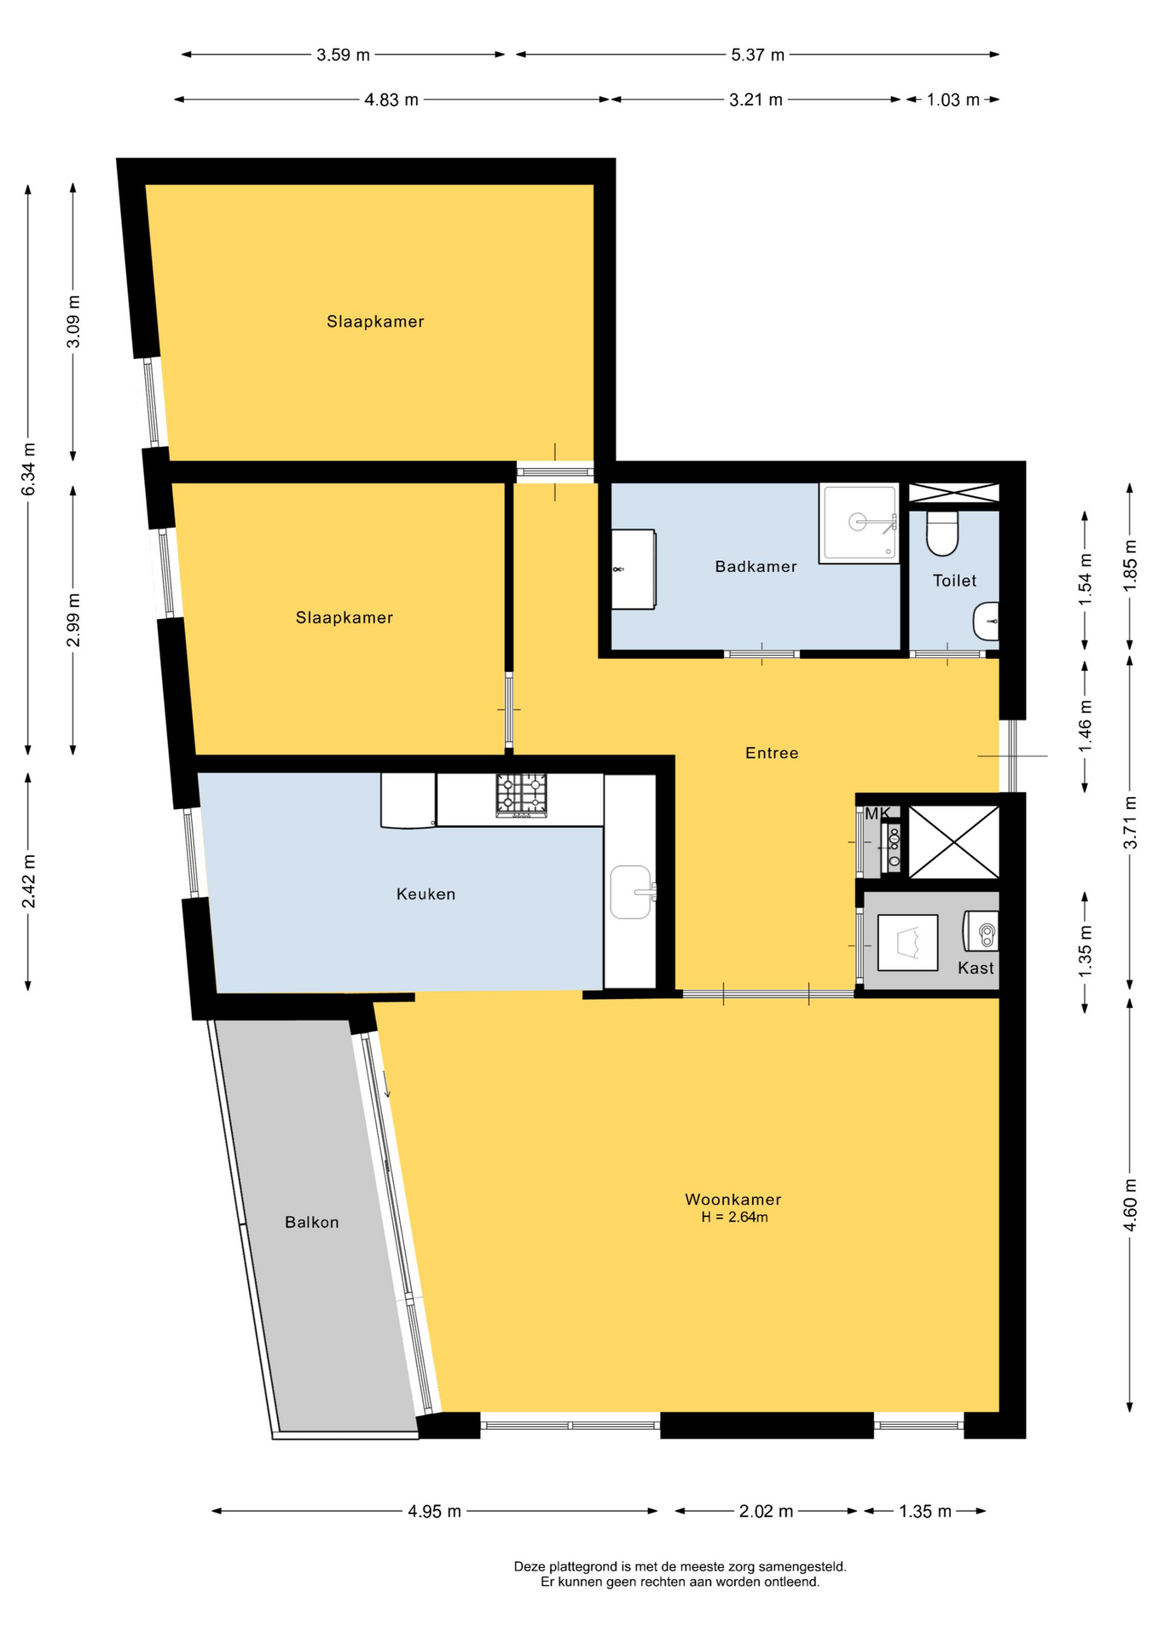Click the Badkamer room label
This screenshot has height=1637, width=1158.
click(x=756, y=566)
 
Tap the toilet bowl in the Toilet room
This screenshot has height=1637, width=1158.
click(x=942, y=533)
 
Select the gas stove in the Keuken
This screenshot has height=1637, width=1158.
click(x=521, y=795)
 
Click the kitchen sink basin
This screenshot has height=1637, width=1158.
click(x=631, y=892)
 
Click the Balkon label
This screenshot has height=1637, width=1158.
click(x=312, y=1222)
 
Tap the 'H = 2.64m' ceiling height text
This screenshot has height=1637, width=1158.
click(x=734, y=1218)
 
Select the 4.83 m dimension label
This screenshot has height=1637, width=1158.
click(x=391, y=100)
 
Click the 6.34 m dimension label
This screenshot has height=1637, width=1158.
click(x=28, y=470)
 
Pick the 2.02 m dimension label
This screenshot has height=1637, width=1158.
click(x=766, y=1512)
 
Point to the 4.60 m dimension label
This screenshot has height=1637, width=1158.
click(x=1130, y=1204)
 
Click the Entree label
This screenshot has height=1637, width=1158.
click(x=772, y=753)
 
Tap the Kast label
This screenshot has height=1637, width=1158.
click(x=976, y=968)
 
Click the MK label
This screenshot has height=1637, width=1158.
click(x=877, y=813)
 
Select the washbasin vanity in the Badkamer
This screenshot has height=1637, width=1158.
click(x=634, y=570)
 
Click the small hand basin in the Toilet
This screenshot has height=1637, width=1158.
click(x=986, y=622)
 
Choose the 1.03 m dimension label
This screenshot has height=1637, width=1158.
click(x=953, y=100)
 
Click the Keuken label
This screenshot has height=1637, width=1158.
click(x=426, y=894)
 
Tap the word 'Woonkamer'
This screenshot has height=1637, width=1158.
click(x=733, y=1200)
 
